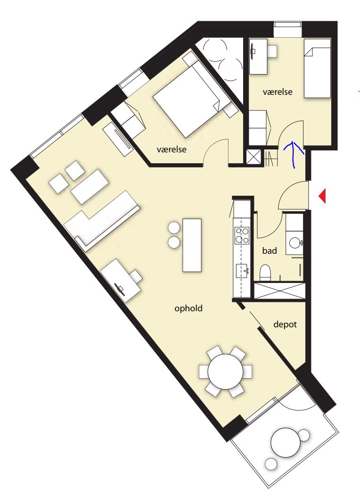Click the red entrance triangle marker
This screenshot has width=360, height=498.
322,196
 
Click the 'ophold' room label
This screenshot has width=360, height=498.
188,308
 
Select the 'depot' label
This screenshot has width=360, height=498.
285,324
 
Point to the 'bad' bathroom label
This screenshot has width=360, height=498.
270,251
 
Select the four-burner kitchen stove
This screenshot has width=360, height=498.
242,235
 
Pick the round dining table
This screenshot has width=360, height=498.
225,371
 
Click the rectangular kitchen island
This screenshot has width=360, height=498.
192,245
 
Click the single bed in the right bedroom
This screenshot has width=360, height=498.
318,68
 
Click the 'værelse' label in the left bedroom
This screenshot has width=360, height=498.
172,149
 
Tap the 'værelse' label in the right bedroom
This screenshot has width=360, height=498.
278,92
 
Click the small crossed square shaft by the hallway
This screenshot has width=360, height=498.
254,157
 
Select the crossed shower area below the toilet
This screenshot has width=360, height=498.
279,290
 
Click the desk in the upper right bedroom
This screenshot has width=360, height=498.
258,57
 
